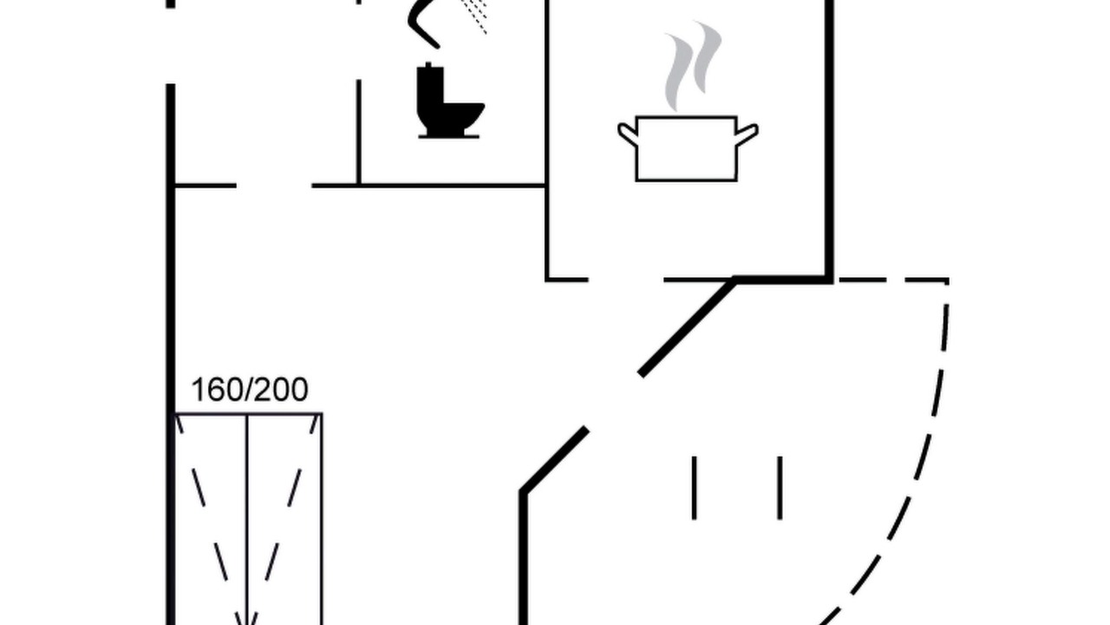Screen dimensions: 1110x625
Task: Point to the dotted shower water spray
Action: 474,16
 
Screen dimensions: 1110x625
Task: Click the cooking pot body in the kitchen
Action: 686,148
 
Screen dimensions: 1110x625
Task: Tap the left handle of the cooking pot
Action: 627,134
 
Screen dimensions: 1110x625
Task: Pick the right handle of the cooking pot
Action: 748,134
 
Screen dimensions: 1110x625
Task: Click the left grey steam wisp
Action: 678,72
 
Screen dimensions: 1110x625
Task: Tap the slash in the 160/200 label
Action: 248,390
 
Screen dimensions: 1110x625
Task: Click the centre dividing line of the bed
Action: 247,519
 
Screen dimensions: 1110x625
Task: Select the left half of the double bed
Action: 210,519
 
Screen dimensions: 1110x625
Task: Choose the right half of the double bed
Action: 285,519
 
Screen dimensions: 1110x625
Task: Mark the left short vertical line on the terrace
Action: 695,488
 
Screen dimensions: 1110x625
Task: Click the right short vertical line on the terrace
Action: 780,488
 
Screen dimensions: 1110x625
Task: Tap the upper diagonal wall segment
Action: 688,327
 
